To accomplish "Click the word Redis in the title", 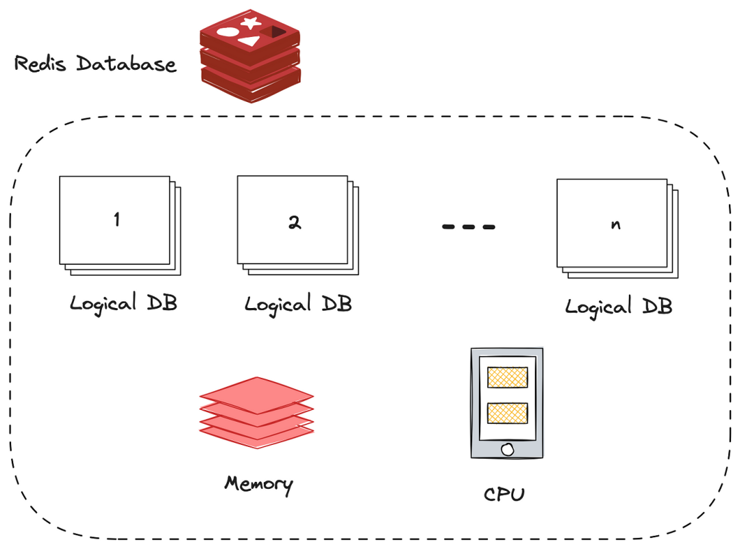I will (42, 64).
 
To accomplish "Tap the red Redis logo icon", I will (250, 58).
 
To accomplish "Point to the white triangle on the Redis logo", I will (249, 41).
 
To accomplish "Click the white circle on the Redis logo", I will (227, 31).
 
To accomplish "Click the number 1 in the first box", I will (116, 220).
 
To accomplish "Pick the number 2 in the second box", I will (294, 222).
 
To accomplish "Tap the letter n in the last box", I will (616, 225).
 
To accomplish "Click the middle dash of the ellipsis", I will (469, 227).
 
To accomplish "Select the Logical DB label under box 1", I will (123, 303).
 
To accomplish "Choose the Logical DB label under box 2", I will (298, 303).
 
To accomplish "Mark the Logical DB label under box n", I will (619, 306).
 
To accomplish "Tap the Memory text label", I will (258, 484).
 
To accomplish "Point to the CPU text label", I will (504, 494).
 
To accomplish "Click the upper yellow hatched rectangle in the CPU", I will (507, 377).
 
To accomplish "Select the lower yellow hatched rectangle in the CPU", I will (507, 412).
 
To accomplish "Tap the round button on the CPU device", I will (507, 449).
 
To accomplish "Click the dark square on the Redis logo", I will (275, 31).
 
